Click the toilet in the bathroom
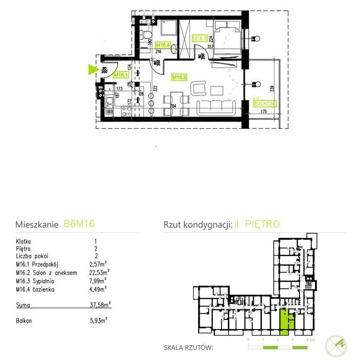(146, 36)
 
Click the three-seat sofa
(216, 108)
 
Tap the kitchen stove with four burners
(126, 111)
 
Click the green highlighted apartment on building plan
(284, 321)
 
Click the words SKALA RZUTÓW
(188, 348)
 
